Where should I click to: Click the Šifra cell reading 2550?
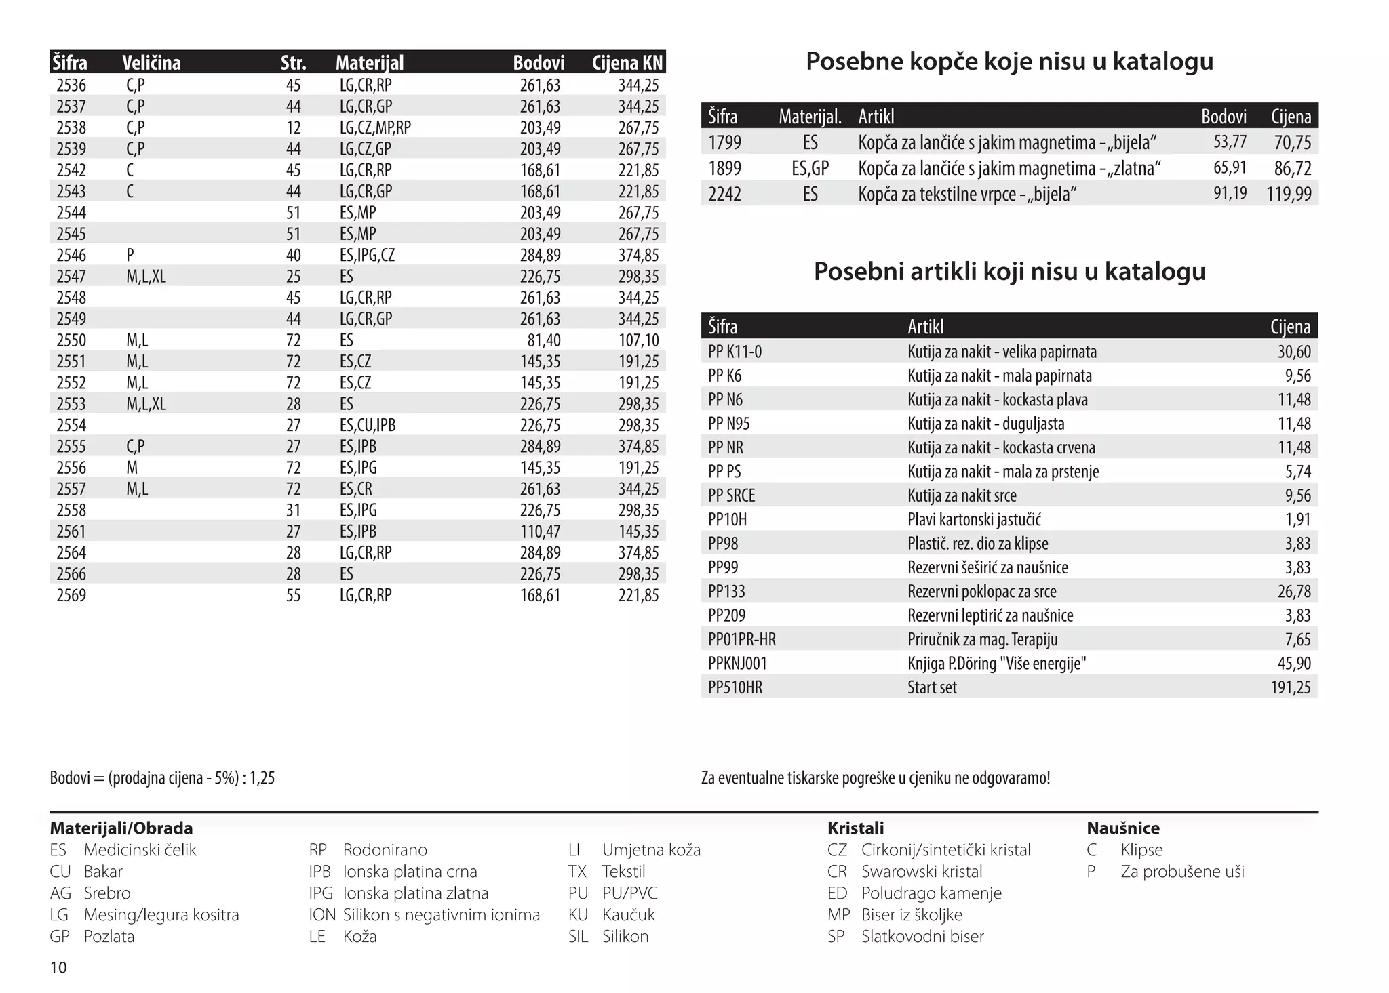(71, 340)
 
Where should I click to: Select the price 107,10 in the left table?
(638, 340)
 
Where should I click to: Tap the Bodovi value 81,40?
(544, 340)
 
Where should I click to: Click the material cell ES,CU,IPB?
(368, 425)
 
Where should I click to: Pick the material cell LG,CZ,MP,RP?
(375, 127)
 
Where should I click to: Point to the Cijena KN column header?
(627, 63)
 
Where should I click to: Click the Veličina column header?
(151, 63)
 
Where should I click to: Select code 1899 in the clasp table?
(725, 168)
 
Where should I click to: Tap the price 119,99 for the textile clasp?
(1289, 195)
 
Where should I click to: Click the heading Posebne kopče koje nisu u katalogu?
(1009, 62)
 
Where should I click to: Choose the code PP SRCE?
(731, 495)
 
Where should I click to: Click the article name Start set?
(932, 687)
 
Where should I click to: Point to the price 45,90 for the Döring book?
(1294, 664)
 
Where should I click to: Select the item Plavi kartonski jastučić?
(974, 520)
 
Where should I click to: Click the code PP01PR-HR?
(742, 639)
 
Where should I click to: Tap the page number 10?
(59, 967)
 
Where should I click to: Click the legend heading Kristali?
(855, 828)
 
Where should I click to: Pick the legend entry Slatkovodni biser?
(922, 937)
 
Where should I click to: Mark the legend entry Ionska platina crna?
(410, 872)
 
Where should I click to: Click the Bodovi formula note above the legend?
(162, 778)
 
